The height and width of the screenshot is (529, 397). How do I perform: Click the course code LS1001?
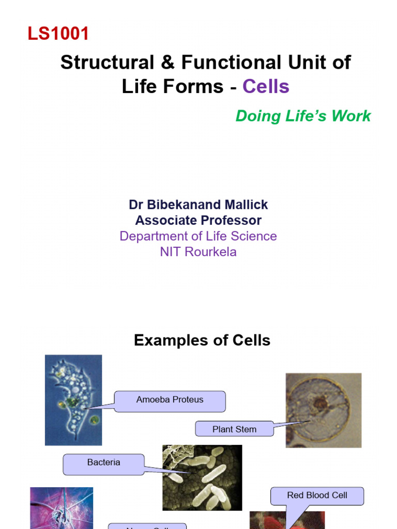[58, 34]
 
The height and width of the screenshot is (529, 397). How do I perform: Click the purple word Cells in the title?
[266, 86]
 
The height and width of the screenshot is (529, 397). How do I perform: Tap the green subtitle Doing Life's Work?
[303, 116]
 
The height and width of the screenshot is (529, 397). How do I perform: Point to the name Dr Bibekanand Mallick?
[198, 205]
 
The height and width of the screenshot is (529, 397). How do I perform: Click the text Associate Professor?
[198, 221]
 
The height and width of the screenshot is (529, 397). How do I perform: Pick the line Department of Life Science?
[198, 236]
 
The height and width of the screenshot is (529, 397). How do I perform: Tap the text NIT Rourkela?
[198, 252]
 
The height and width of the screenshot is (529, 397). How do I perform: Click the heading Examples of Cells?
[202, 340]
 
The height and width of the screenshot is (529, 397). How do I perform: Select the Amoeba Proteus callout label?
[170, 400]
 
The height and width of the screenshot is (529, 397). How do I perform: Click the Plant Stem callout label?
[234, 429]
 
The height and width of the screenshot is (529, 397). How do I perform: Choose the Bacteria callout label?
[103, 463]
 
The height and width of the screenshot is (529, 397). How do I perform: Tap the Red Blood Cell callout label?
[317, 495]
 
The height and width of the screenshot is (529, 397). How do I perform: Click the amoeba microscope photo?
[73, 400]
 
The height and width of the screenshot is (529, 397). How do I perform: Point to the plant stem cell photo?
[323, 410]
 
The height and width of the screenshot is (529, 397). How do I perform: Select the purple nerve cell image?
[62, 508]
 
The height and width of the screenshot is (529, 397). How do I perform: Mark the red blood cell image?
[287, 520]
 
